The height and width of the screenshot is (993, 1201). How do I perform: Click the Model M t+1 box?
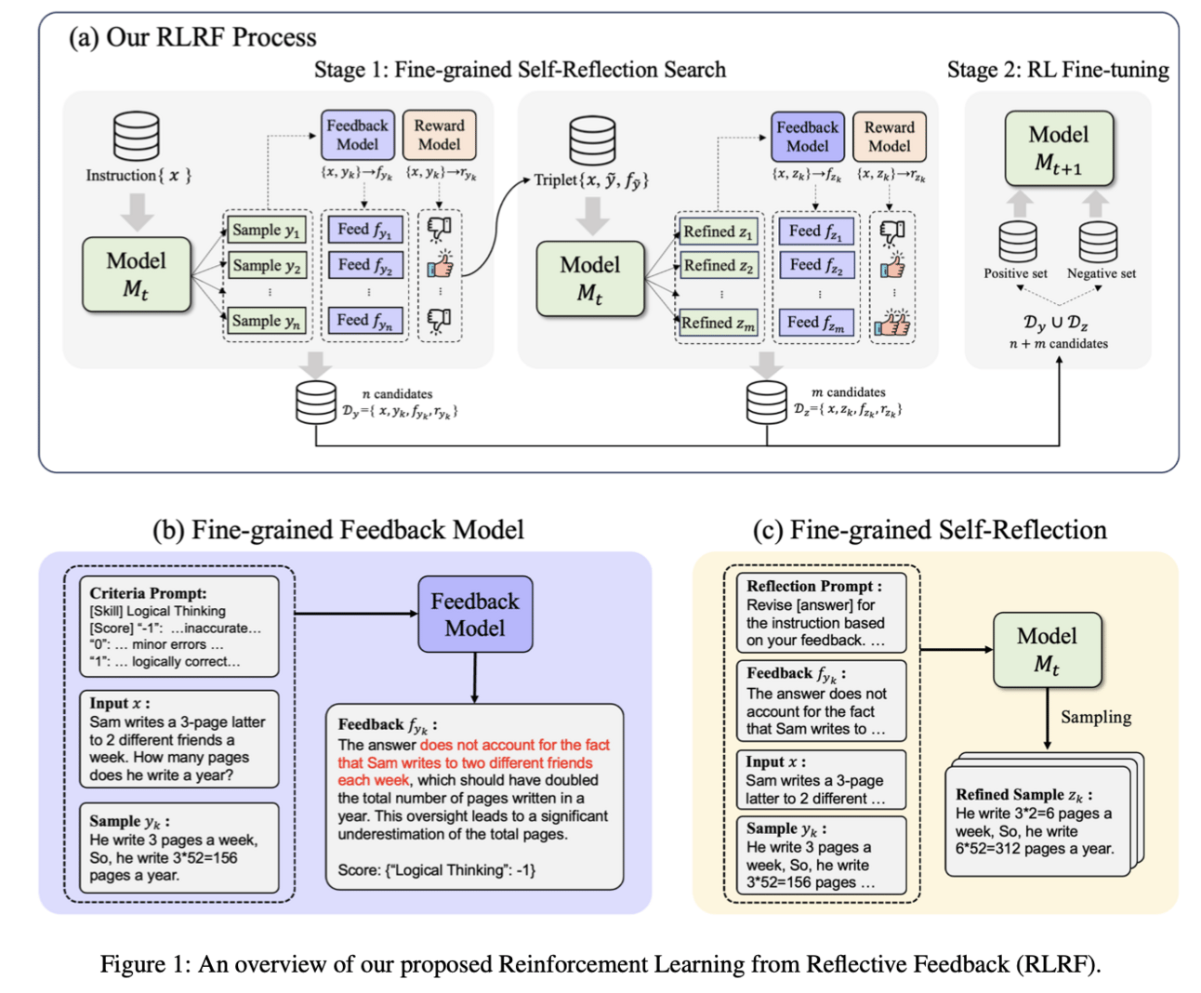(1058, 149)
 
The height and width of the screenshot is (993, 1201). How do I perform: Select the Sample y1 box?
(267, 230)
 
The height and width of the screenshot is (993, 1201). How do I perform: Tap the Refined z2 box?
(718, 266)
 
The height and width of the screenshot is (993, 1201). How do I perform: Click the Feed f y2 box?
(364, 266)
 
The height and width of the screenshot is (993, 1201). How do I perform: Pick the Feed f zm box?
(815, 323)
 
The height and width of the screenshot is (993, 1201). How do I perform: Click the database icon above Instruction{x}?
(137, 137)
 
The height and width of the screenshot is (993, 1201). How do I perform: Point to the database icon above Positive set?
(1018, 243)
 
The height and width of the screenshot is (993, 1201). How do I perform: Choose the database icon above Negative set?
(1098, 243)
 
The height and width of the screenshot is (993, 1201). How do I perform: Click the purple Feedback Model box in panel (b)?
(474, 615)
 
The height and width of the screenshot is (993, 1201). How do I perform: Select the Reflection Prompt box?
(821, 613)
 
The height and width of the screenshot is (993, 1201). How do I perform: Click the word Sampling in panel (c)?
(1096, 717)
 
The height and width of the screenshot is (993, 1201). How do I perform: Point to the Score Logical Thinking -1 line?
(436, 870)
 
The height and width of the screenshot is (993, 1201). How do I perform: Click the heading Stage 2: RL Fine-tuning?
(1058, 70)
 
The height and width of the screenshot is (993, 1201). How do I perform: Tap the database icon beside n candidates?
(315, 403)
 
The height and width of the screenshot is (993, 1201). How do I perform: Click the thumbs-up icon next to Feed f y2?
(440, 266)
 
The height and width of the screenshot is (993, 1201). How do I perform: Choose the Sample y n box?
(267, 321)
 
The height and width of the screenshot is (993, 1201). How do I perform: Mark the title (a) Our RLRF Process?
(192, 37)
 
